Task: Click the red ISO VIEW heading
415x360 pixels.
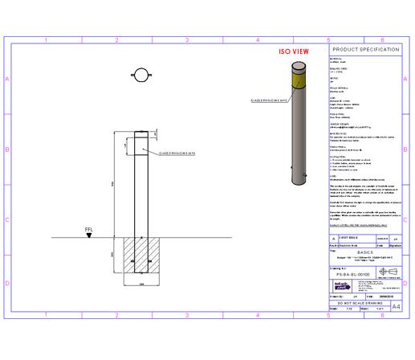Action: coord(294,51)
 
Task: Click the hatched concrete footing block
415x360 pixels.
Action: coord(140,257)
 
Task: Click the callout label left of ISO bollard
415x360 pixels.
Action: coord(270,100)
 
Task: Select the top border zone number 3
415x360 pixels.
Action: coord(187,39)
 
